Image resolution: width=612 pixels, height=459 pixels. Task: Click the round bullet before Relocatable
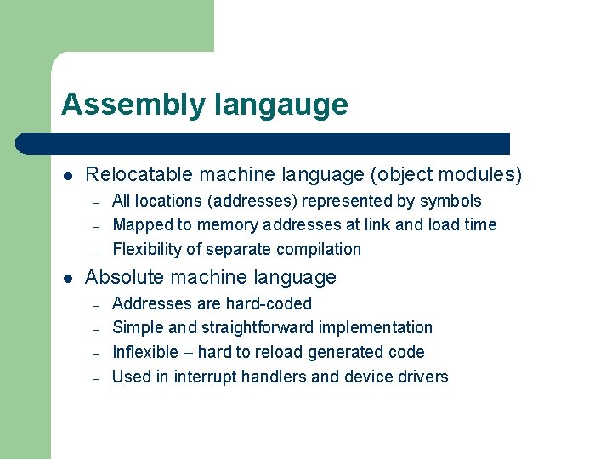click(68, 176)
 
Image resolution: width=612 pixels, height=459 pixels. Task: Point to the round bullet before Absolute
click(68, 278)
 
